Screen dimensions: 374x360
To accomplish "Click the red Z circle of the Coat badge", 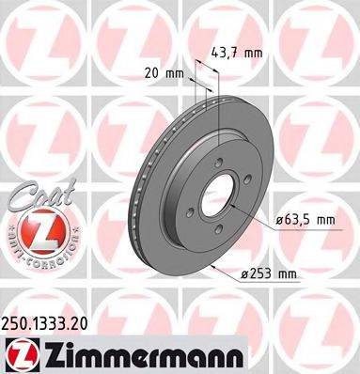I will [x=37, y=227].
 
